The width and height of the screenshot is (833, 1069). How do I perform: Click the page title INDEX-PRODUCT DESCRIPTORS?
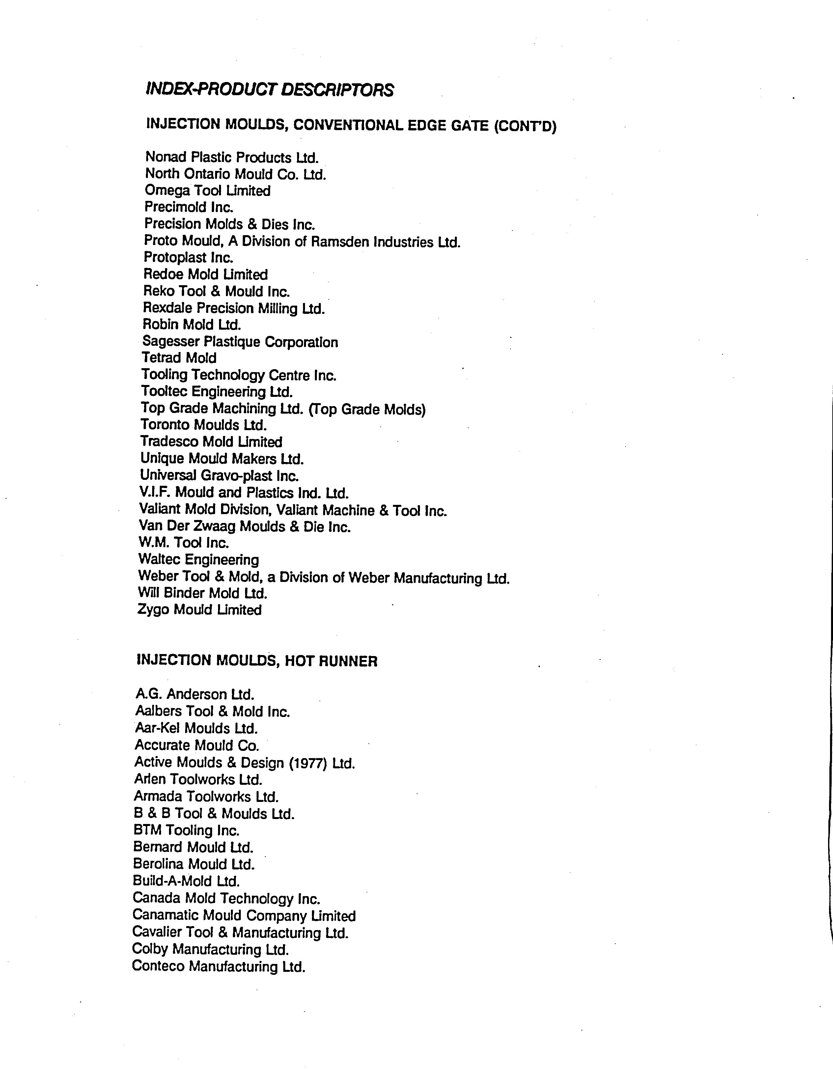coord(270,90)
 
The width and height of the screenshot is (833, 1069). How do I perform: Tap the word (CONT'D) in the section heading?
coord(525,126)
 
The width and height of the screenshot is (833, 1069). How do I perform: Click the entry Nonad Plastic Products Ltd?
coord(232,158)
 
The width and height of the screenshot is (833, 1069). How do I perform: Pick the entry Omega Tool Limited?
coord(208,190)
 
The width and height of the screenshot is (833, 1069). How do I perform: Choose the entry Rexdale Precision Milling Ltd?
coord(234,308)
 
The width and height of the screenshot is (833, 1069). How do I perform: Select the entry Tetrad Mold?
coord(179,358)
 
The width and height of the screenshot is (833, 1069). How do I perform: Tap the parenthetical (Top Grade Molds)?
coord(367,409)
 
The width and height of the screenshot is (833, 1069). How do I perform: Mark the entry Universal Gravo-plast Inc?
coord(219,475)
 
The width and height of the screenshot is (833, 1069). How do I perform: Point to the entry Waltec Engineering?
coord(199,560)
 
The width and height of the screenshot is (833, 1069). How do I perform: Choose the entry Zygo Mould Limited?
coord(200,610)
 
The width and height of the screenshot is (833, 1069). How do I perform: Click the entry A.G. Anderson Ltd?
coord(195,694)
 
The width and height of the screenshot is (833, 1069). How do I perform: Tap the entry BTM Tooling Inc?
coord(186,831)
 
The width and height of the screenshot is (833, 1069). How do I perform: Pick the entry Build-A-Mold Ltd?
coord(186,881)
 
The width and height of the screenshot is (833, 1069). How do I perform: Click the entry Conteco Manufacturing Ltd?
coord(219,967)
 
